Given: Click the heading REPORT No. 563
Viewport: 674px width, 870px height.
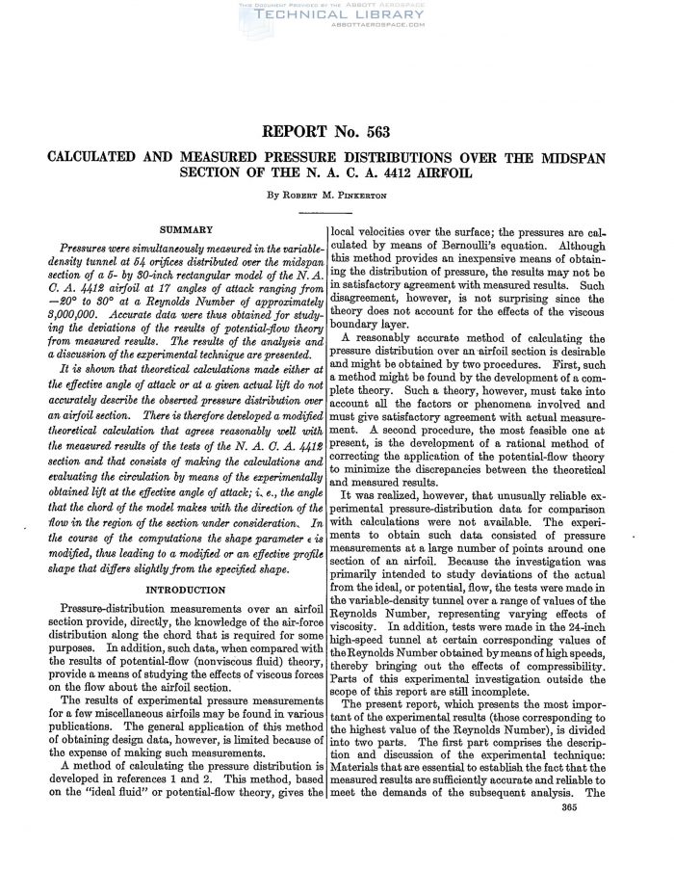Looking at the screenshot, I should pos(336,132).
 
